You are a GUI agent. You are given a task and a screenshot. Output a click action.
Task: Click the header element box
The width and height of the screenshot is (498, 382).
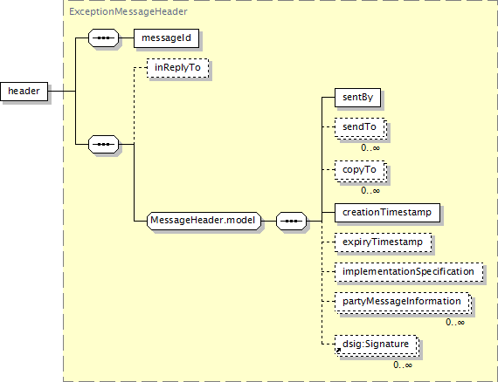click(x=24, y=92)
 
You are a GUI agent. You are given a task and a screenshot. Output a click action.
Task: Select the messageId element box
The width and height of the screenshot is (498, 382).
click(x=166, y=38)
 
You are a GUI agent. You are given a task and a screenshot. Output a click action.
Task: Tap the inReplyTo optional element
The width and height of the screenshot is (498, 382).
click(x=178, y=68)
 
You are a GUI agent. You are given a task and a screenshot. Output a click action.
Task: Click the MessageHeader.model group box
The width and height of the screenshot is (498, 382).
click(x=204, y=221)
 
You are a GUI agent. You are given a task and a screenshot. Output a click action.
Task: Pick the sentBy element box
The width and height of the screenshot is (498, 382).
click(x=357, y=98)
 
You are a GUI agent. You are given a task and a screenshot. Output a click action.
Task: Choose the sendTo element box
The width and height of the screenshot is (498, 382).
click(x=360, y=127)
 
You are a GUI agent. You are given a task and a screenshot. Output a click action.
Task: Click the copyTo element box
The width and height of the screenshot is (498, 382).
click(x=360, y=170)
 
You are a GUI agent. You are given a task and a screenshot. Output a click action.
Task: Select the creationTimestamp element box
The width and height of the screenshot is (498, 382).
click(x=387, y=213)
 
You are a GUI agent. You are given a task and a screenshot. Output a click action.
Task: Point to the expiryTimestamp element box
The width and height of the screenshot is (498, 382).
click(x=383, y=242)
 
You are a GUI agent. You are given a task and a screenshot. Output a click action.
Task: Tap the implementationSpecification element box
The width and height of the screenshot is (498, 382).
click(x=409, y=272)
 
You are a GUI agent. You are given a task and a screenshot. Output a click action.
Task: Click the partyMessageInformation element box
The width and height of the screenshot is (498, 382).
click(x=403, y=302)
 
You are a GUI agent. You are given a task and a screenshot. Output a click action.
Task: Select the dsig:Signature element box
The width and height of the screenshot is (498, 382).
click(x=376, y=344)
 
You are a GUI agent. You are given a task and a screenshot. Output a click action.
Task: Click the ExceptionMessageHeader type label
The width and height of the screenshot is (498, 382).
click(x=128, y=11)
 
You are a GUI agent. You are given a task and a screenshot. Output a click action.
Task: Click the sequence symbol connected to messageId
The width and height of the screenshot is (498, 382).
click(x=104, y=38)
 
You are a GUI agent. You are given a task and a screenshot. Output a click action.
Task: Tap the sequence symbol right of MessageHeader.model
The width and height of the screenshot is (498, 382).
click(x=292, y=221)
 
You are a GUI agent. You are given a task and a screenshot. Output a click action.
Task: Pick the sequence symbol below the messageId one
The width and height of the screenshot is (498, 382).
click(x=104, y=145)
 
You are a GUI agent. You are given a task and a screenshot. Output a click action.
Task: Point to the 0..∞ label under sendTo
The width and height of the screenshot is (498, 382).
click(x=370, y=148)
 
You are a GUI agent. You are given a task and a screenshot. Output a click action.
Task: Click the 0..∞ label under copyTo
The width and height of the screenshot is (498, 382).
click(x=370, y=190)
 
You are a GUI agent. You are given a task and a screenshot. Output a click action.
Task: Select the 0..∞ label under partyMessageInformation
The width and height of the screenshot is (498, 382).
click(x=455, y=323)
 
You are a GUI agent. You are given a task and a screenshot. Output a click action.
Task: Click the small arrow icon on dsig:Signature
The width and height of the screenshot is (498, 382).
click(x=339, y=350)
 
